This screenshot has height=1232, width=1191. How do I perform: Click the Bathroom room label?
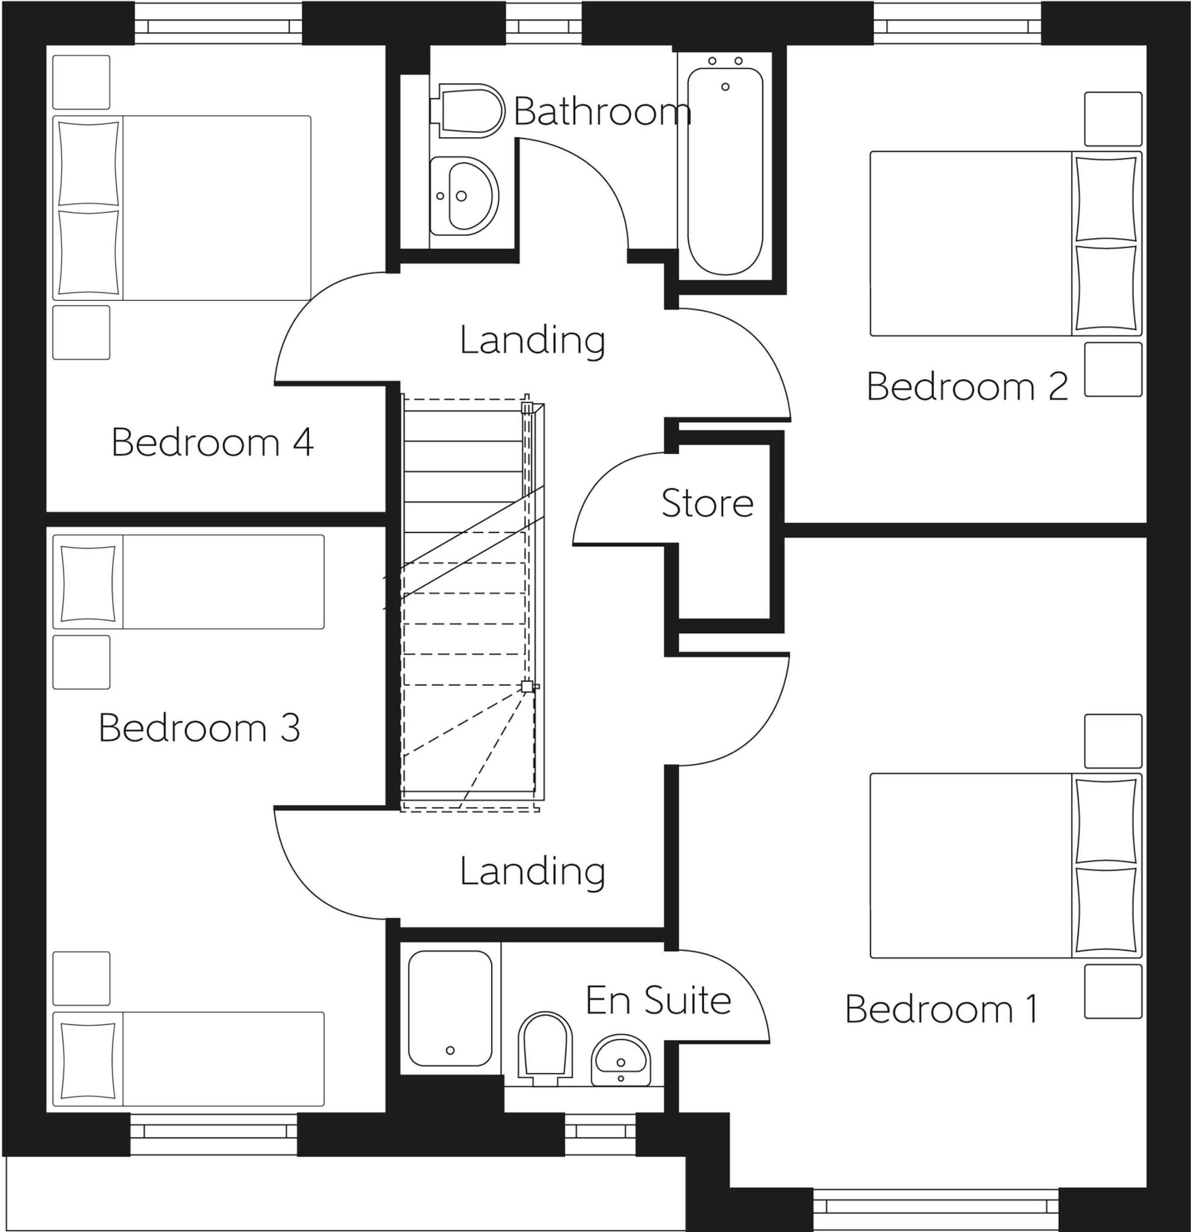tap(602, 112)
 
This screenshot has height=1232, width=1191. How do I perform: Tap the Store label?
tap(707, 504)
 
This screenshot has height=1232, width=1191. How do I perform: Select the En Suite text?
tap(658, 1000)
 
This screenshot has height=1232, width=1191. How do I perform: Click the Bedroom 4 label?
tap(212, 443)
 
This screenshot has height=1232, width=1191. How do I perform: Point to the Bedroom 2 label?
tap(967, 386)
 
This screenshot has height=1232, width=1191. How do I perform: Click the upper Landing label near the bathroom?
tap(532, 340)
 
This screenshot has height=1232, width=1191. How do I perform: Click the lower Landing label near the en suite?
tap(532, 872)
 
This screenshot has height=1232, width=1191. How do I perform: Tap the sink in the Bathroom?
tap(464, 196)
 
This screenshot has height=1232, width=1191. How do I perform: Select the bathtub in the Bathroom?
tap(725, 171)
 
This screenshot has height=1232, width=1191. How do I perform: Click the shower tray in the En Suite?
tap(450, 1008)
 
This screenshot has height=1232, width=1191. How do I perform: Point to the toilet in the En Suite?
tap(545, 1047)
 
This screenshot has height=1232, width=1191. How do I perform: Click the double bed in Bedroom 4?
tap(182, 208)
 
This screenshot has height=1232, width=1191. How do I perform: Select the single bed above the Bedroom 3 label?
tap(188, 582)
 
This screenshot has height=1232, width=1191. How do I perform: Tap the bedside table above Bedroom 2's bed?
tap(1112, 119)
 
